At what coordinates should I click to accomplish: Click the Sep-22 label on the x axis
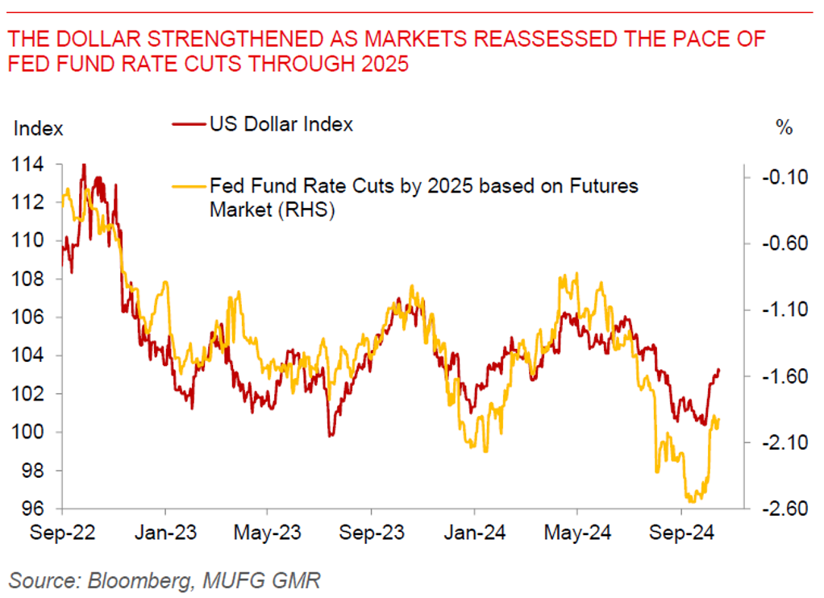[63, 533]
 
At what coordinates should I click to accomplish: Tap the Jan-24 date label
[474, 533]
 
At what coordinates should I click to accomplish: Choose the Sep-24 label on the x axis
[680, 533]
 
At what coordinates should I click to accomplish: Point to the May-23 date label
[268, 533]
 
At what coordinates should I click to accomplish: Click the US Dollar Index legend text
[281, 124]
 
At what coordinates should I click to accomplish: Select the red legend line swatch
[189, 125]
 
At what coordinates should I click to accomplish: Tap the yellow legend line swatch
[189, 187]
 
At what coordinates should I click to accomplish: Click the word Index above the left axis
[39, 128]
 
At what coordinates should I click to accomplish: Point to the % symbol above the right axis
[783, 128]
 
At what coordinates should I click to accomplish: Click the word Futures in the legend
[600, 187]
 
